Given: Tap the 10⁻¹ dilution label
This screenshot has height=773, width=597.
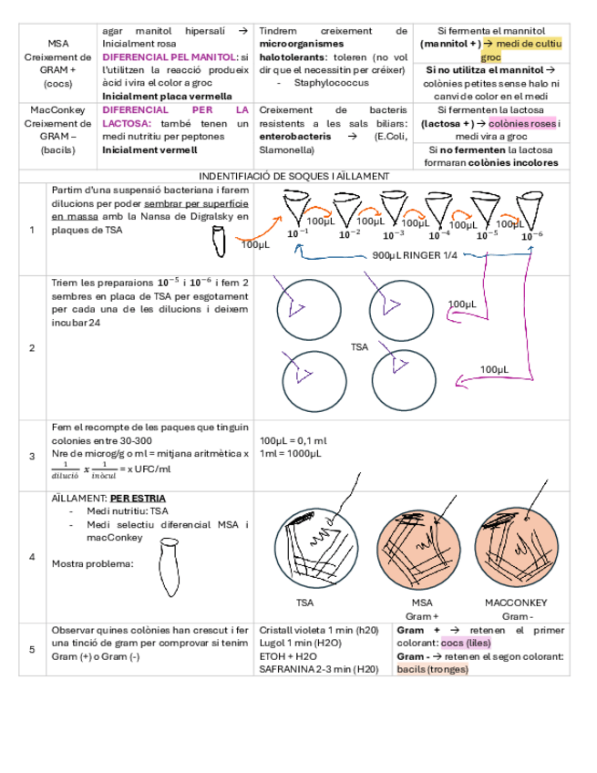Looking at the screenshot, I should (298, 235).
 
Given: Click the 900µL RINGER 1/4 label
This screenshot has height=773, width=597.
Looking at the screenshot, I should (415, 255).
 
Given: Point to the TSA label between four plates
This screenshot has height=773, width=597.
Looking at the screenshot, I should (359, 346).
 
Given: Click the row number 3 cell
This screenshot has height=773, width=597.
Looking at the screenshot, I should (32, 456).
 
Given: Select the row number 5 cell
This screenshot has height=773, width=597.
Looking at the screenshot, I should (32, 649).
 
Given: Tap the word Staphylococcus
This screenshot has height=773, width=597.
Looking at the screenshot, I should (324, 82).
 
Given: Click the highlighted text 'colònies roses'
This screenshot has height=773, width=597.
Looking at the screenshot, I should (521, 123).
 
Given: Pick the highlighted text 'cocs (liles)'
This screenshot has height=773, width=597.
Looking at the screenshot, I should (465, 643).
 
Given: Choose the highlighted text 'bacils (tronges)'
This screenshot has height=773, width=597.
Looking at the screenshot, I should (432, 668).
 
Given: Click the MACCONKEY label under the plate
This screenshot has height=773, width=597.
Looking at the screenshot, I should (515, 603).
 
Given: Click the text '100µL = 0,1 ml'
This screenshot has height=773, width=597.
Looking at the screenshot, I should (293, 440).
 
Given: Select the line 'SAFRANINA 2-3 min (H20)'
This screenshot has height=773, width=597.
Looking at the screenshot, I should (318, 668).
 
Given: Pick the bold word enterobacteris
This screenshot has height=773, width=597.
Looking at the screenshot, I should (295, 136).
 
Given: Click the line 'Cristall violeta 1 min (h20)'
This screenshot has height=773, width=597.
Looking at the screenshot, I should (318, 630).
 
